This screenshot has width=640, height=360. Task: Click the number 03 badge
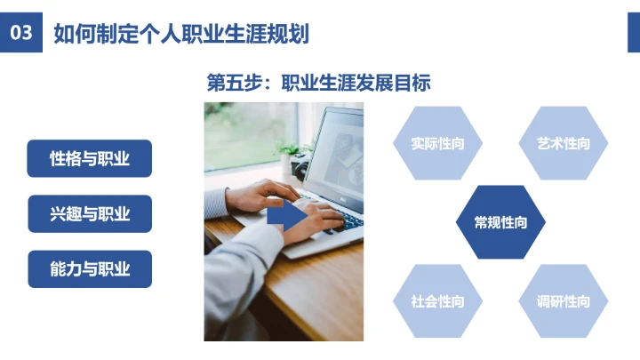pos(21,34)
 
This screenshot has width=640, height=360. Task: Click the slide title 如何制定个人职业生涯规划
pos(180,35)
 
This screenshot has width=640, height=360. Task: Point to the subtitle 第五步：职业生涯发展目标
pos(318,84)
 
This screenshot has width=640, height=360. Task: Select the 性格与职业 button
pos(90,159)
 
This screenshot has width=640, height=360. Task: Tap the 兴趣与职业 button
pos(90,214)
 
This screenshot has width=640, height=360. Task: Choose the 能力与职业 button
pos(90,269)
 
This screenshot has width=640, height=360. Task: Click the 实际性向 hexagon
pos(437,143)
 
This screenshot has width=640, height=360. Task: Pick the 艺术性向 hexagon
pos(564,143)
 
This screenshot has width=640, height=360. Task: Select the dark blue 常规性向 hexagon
pos(500,222)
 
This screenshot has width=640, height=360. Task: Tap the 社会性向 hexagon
pos(437,301)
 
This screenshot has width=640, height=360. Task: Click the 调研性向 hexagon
pos(564,301)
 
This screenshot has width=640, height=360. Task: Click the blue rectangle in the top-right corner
pos(634,33)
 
